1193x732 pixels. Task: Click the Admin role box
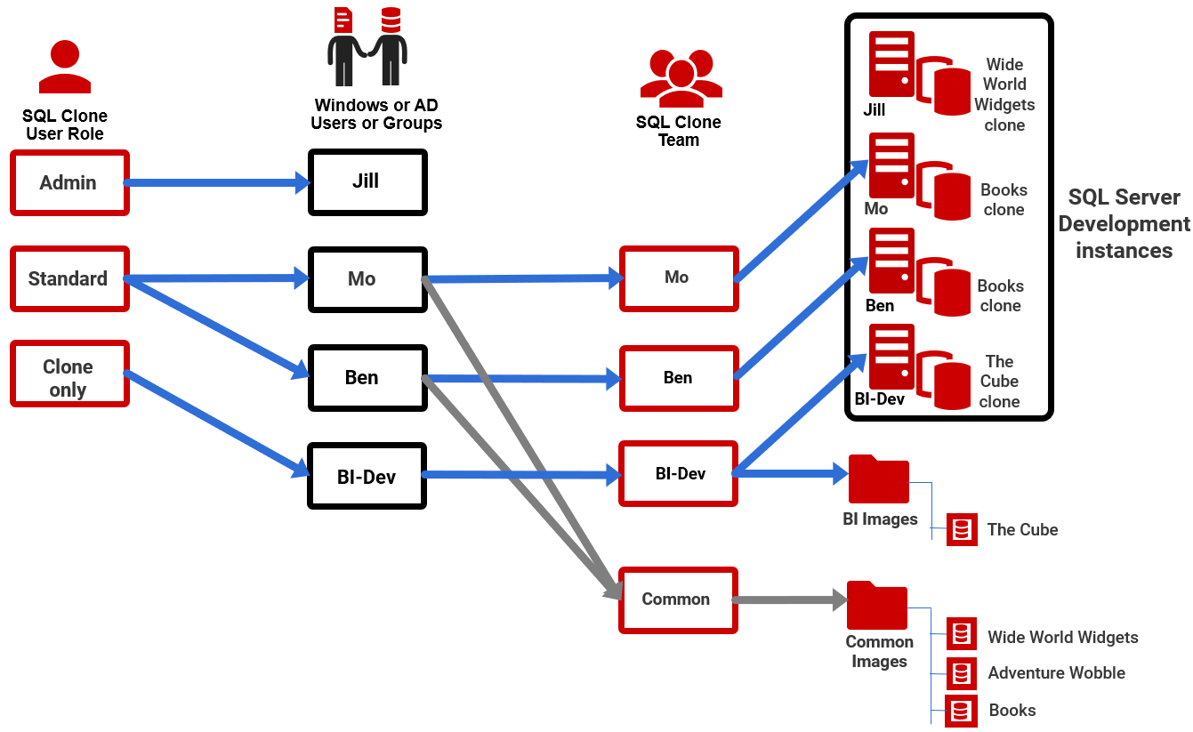[x=69, y=182]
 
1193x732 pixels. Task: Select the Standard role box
[x=69, y=278]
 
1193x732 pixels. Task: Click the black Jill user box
[x=367, y=181]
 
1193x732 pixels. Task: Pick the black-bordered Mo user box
[x=367, y=278]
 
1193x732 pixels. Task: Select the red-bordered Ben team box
[x=679, y=378]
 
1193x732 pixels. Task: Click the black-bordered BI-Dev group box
[x=367, y=476]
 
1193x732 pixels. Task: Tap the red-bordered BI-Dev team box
[x=679, y=473]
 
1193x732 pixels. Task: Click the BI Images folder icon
[x=878, y=479]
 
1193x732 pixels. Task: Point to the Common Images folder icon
[x=876, y=606]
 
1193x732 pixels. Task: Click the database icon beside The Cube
[x=962, y=529]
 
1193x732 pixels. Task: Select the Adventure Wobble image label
[x=1056, y=673]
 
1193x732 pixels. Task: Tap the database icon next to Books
[x=961, y=711]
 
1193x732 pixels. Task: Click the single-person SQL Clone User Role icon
[x=64, y=68]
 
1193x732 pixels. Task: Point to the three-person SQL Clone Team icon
[x=681, y=78]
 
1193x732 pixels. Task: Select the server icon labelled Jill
[x=891, y=65]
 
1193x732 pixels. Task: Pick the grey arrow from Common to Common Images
[x=788, y=600]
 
